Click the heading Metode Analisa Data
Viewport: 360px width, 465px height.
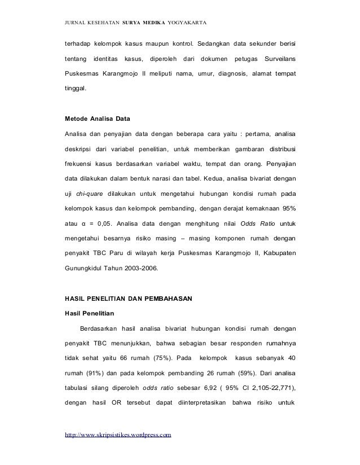pyautogui.click(x=98, y=120)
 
